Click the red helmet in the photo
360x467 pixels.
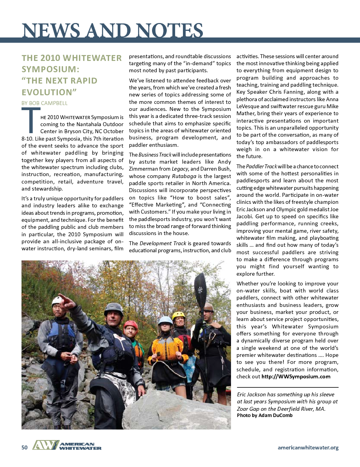(x=131, y=325)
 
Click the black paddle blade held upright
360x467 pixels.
(x=201, y=287)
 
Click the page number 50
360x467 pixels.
(x=24, y=447)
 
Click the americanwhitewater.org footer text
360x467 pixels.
(x=308, y=447)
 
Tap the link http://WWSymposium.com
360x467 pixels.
(x=296, y=377)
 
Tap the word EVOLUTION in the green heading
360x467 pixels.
(x=48, y=92)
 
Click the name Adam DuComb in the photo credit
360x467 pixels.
(x=276, y=415)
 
